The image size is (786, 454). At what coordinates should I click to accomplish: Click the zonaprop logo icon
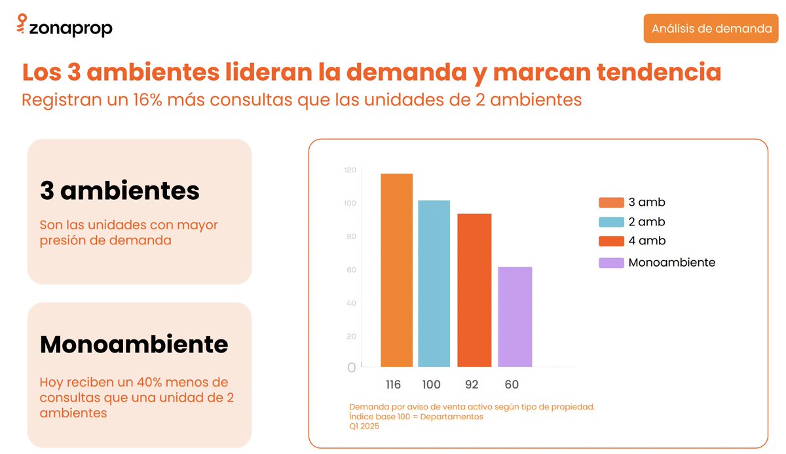pos(22,25)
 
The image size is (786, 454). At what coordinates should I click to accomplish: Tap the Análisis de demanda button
pos(711,29)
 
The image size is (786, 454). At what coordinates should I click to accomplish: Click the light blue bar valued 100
pos(434,283)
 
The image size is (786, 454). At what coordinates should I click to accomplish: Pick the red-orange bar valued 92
pos(474,290)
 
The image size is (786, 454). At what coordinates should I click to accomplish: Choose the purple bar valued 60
pos(515,316)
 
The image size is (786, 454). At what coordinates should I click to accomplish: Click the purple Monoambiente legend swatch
pos(610,263)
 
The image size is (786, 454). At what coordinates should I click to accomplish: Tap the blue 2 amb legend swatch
pos(610,222)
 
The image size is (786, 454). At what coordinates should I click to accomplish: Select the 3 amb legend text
pos(646,202)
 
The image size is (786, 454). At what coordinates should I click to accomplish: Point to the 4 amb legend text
pos(646,241)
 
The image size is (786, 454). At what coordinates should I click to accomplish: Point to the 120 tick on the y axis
pos(350,170)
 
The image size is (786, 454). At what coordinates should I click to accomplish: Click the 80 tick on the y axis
pos(351,236)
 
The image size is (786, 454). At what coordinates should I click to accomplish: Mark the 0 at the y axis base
pos(352,368)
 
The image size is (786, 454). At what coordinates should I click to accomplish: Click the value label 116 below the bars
pos(393,385)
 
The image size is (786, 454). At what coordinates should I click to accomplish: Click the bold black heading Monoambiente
pos(134,344)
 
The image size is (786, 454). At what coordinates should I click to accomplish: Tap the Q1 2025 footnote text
pos(364,426)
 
